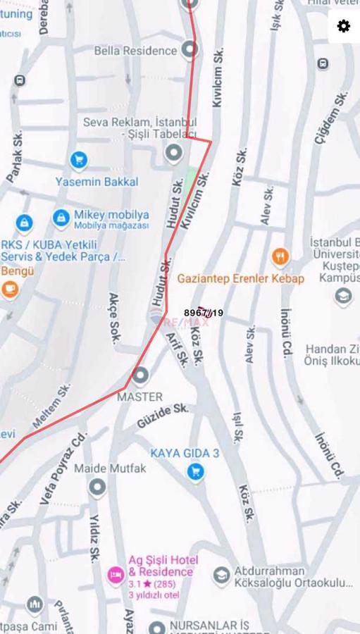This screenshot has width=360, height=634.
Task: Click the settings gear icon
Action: point(343,26)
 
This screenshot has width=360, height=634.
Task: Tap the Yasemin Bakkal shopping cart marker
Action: point(78,161)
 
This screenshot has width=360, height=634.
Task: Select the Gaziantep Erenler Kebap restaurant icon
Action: point(280,256)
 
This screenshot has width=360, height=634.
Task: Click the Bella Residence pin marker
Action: point(189,50)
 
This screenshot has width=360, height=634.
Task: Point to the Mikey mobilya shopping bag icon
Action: point(61,218)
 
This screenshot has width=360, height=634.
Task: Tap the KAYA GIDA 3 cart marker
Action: point(196,471)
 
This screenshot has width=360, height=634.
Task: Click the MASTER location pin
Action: point(139,375)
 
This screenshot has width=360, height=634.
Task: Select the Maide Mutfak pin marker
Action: point(97,487)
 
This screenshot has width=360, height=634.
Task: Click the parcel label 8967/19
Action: point(204,313)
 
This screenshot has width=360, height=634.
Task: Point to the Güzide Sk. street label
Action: point(163,416)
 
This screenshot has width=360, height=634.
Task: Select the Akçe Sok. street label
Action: point(114,317)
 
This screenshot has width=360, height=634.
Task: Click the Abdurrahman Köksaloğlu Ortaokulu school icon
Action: point(222,576)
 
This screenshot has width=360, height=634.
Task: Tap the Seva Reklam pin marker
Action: point(173,152)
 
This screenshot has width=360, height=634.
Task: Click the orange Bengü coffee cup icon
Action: point(10,289)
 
